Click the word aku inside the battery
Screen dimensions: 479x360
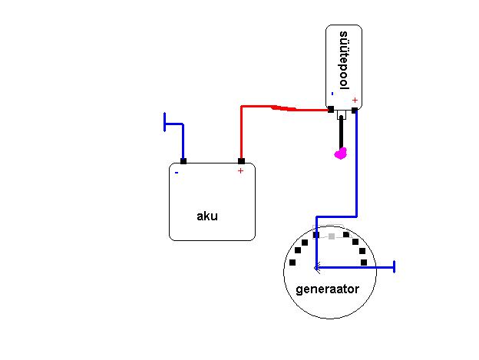207,216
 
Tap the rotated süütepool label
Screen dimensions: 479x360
344,60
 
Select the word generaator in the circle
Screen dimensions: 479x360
328,289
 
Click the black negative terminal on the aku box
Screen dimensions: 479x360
183,161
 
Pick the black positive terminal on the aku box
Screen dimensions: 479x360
241,161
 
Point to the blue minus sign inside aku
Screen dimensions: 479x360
177,173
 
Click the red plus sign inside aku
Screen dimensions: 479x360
240,170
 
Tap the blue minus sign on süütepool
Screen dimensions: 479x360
332,94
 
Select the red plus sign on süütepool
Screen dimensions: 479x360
355,100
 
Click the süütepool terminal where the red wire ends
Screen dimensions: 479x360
331,109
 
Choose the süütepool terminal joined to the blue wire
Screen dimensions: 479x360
355,111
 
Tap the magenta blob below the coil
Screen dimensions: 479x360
341,154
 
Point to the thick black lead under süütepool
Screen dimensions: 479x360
341,132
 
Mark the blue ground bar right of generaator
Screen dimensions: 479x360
395,267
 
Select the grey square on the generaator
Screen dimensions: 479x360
332,236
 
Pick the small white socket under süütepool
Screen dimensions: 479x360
342,114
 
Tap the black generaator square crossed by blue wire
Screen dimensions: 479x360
316,235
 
